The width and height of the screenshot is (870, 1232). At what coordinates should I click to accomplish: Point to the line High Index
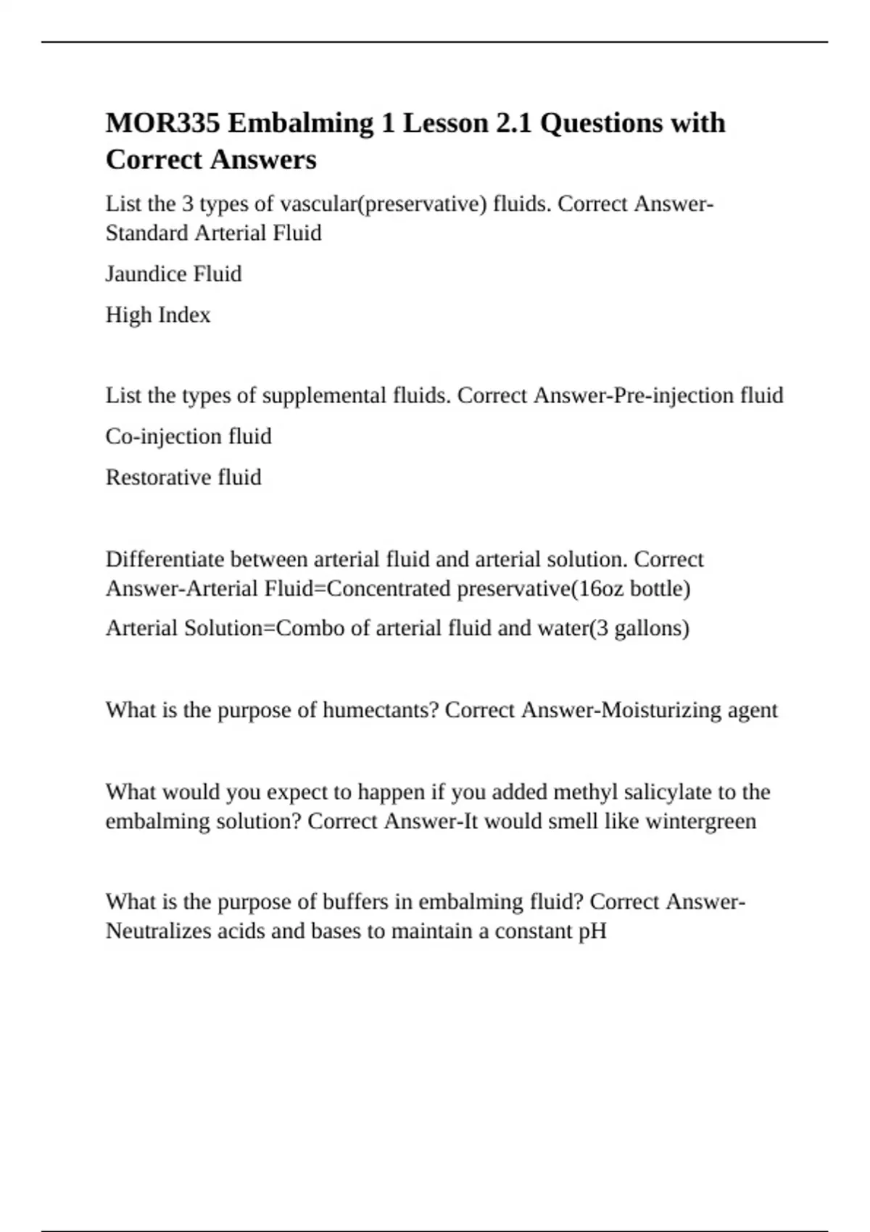pyautogui.click(x=158, y=315)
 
